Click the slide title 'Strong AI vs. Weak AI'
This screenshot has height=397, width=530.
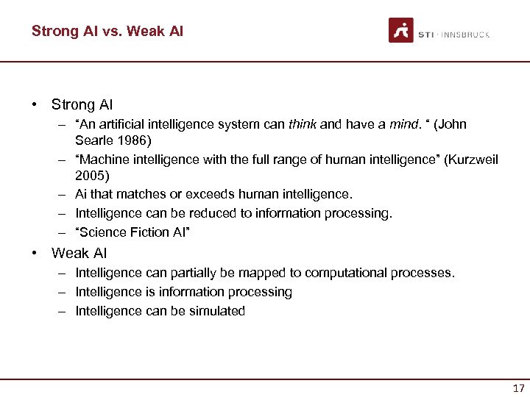107,31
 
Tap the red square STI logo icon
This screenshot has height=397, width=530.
401,30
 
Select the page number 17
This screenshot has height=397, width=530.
518,387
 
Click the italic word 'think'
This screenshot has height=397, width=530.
303,124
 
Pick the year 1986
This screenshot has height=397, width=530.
132,139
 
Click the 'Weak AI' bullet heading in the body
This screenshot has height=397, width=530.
79,253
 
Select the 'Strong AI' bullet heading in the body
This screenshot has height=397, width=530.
82,105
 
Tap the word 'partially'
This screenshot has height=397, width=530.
195,273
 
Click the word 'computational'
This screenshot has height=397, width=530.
344,273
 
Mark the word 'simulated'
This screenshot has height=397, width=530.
217,311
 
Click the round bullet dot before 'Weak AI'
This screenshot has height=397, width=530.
35,253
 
